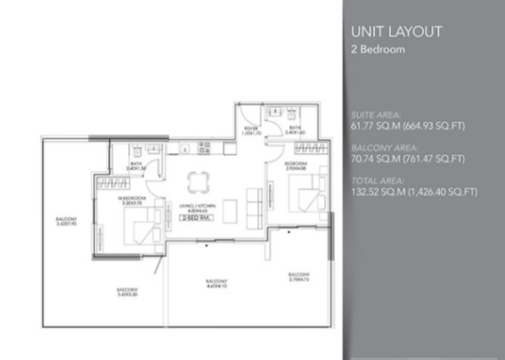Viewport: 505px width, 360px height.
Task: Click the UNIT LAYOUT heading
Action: tap(397, 32)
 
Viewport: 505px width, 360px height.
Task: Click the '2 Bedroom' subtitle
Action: tap(379, 51)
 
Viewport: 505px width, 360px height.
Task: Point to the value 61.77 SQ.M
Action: tap(371, 126)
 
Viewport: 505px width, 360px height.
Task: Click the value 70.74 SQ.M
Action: tap(371, 159)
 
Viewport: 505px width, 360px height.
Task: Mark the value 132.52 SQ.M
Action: tap(374, 192)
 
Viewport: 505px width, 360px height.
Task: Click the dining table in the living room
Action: tap(196, 183)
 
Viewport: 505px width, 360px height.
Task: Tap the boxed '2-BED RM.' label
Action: tap(195, 217)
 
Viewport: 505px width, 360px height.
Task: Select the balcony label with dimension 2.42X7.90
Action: tap(65, 222)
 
